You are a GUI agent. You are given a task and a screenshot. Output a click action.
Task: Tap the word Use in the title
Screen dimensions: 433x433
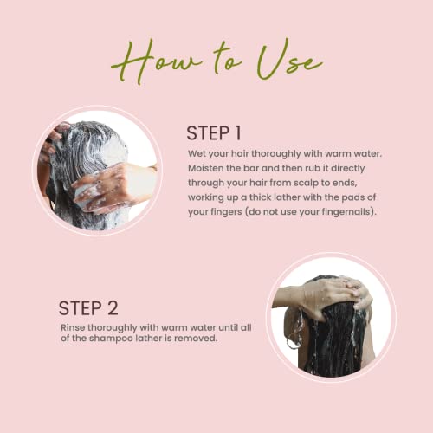(x=289, y=59)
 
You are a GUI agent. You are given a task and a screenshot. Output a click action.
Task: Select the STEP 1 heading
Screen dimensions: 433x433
(x=214, y=133)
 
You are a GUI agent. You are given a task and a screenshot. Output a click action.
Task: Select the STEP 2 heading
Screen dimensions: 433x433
(x=88, y=308)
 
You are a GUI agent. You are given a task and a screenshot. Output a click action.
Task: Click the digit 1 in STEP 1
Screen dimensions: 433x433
(x=237, y=133)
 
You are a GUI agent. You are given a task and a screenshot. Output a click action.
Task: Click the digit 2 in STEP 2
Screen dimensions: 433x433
(x=113, y=308)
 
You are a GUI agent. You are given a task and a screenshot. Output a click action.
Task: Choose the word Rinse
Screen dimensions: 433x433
(x=73, y=327)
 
